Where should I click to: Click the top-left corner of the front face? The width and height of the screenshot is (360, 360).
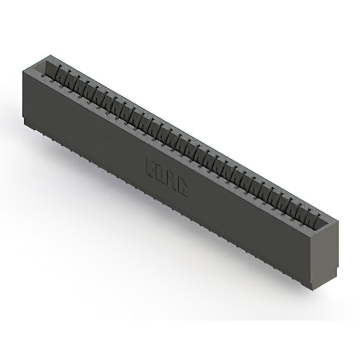[22, 71]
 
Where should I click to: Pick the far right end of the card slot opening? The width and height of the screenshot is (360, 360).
[325, 220]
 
